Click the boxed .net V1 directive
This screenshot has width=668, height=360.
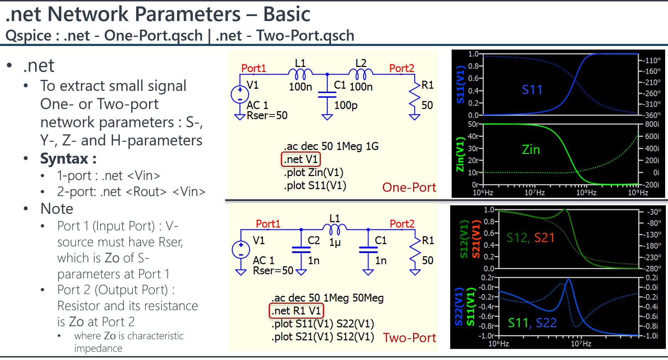tap(301, 159)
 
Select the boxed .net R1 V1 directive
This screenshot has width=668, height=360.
tap(296, 311)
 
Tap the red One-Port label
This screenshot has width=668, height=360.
tap(409, 187)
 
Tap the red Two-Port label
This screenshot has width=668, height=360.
tap(410, 338)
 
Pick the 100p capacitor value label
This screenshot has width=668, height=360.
tap(346, 106)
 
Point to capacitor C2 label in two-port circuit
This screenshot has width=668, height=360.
tap(314, 241)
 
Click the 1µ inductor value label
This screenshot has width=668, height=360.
tap(335, 243)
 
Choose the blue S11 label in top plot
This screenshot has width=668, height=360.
tap(532, 90)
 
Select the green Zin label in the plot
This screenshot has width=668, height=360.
tap(531, 150)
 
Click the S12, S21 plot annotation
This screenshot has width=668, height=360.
tap(530, 238)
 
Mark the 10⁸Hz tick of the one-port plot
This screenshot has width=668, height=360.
tap(586, 193)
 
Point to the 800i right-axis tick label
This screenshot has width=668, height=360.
tap(652, 124)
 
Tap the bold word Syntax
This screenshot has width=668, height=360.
tap(65, 159)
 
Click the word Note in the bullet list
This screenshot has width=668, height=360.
tap(57, 209)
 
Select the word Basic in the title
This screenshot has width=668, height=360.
tap(287, 15)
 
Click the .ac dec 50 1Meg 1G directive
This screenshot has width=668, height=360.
tap(331, 146)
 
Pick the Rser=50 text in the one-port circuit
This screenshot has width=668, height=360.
tap(267, 115)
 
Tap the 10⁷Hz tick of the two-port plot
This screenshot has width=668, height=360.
tap(581, 344)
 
